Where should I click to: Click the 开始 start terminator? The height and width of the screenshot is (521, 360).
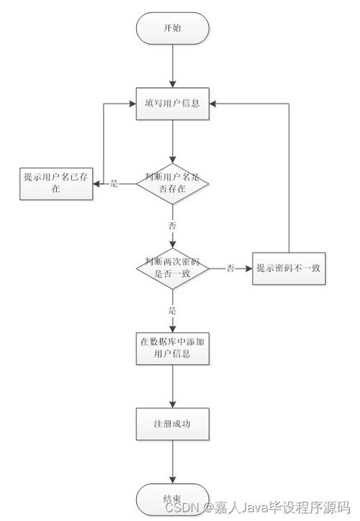[173, 28]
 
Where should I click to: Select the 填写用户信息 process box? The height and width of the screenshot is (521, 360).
[173, 103]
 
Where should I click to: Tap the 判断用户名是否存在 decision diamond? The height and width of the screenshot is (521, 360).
[173, 184]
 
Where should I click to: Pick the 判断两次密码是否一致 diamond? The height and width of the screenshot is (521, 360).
[173, 268]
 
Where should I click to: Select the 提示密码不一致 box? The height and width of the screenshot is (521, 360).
[289, 268]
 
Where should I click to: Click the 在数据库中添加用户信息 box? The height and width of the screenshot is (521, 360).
[173, 348]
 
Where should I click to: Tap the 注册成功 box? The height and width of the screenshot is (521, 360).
[173, 423]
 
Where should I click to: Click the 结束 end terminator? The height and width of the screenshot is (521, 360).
[173, 499]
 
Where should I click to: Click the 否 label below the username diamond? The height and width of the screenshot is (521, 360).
[172, 225]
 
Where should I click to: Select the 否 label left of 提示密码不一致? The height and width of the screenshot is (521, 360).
[230, 268]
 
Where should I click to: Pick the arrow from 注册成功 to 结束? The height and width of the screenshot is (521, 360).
[173, 461]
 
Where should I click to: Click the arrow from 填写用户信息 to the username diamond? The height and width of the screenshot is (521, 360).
[173, 140]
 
